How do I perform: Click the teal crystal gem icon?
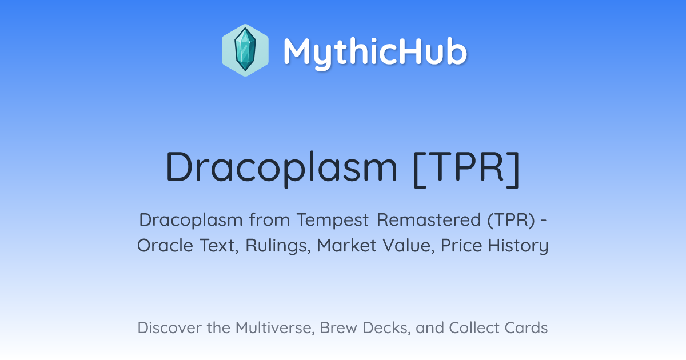[245, 50]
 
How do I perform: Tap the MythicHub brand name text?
[375, 52]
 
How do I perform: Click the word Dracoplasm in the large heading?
[282, 169]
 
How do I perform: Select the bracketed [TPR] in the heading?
[466, 169]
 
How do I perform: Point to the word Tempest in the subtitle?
[333, 220]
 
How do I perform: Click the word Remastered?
[429, 220]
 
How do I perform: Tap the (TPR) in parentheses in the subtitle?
[512, 220]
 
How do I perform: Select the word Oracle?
[165, 245]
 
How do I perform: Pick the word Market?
[346, 245]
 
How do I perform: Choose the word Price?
[461, 245]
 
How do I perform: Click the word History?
[518, 246]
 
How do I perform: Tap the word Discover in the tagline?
[169, 328]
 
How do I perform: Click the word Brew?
[338, 328]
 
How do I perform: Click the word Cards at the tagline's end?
[526, 328]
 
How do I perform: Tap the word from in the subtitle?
[269, 220]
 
